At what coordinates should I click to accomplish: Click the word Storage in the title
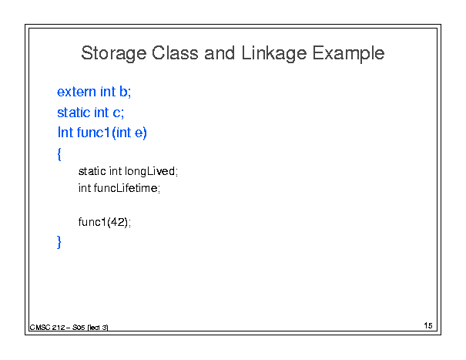[x=114, y=54]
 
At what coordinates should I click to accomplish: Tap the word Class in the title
[x=175, y=53]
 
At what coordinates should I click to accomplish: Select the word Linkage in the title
[x=274, y=54]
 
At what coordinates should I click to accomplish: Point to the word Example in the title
[x=348, y=54]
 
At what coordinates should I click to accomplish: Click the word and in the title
[x=220, y=53]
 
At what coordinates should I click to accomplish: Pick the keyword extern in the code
[x=76, y=92]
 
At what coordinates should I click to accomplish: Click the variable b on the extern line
[x=124, y=91]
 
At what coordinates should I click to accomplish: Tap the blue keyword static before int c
[x=74, y=113]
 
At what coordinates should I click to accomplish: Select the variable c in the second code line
[x=116, y=113]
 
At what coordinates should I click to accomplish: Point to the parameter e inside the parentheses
[x=139, y=133]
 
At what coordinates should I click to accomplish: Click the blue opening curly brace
[x=59, y=154]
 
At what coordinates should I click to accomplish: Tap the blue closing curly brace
[x=59, y=241]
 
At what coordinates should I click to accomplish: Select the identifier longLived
[x=150, y=171]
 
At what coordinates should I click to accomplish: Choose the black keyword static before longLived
[x=92, y=171]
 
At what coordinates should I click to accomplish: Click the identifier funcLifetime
[x=126, y=188]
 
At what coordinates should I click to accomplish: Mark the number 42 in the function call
[x=117, y=222]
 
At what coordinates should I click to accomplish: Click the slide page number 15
[x=428, y=325]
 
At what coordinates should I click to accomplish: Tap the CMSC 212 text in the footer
[x=47, y=328]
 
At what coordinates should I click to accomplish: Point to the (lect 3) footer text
[x=98, y=328]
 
